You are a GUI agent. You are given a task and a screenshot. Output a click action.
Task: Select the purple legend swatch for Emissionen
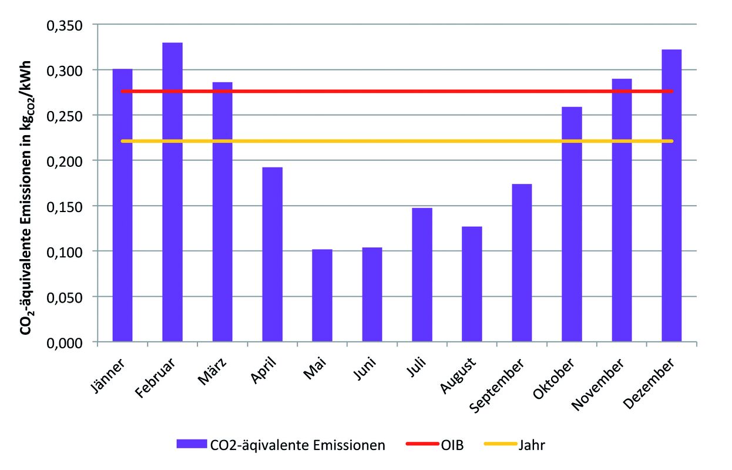192,444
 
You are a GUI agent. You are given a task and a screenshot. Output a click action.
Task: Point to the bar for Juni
372,294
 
